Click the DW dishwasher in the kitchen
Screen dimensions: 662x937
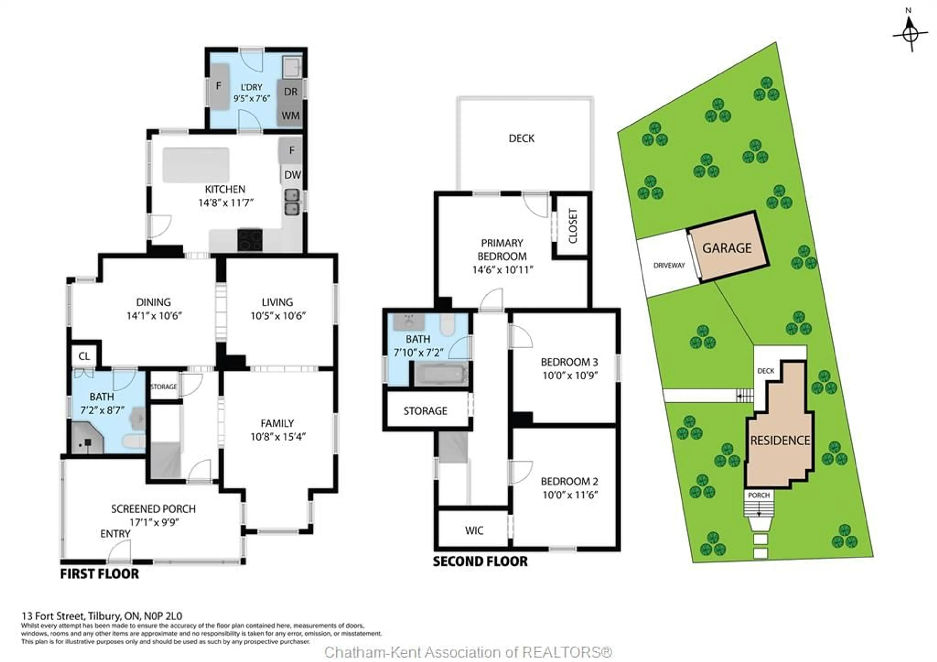(x=292, y=175)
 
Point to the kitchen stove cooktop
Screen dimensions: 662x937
(x=250, y=240)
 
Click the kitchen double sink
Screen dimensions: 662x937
(x=292, y=202)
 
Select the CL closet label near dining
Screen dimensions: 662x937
(x=84, y=356)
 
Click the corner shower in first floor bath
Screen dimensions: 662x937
(x=87, y=439)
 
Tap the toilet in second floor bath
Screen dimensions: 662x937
(x=447, y=325)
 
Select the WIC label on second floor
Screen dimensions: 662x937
(x=474, y=530)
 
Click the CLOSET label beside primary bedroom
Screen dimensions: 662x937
(x=572, y=226)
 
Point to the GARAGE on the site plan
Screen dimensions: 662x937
(x=727, y=248)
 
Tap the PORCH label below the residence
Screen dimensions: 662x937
(x=759, y=495)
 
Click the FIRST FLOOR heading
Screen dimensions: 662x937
(x=100, y=574)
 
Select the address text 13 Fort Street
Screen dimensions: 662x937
(x=102, y=616)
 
